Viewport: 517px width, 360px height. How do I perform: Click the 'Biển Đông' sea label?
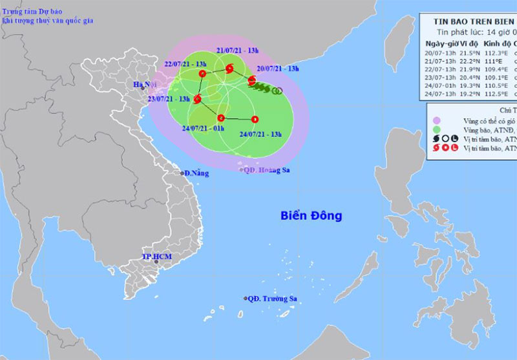(x=311, y=216)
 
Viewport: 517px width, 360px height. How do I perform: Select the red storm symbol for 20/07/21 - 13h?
(x=252, y=80)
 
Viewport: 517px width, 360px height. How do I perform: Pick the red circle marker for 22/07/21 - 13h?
(x=202, y=74)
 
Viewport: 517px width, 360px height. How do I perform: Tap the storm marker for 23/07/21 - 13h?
(x=198, y=99)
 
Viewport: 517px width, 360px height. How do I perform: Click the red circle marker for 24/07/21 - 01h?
(x=221, y=118)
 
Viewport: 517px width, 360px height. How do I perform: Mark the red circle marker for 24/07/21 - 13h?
(x=255, y=119)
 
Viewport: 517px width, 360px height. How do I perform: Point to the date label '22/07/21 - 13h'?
(x=167, y=64)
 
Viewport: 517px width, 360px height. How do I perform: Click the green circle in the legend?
(x=437, y=129)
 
